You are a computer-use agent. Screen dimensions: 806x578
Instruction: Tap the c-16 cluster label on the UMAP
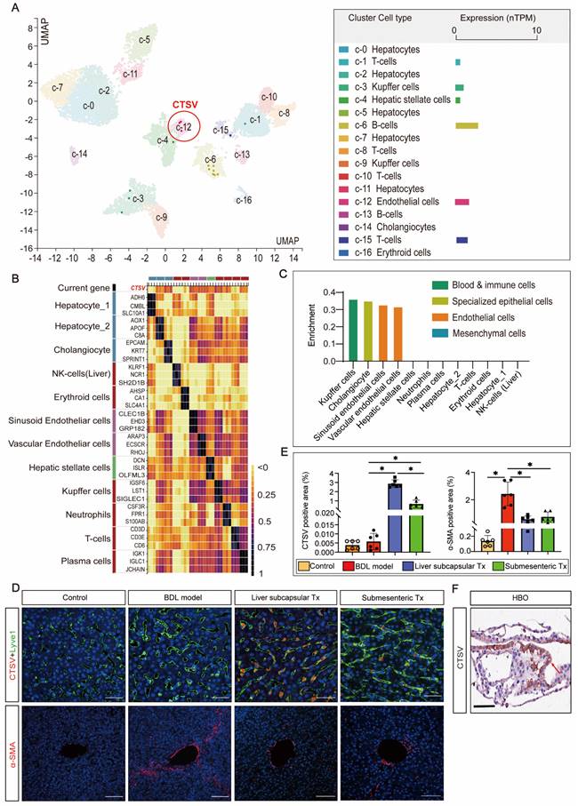243,200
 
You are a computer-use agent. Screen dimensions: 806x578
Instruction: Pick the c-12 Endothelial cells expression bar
462,203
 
